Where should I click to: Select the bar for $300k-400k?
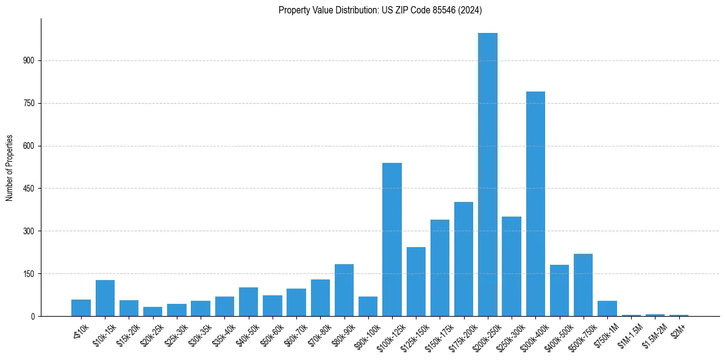(x=535, y=204)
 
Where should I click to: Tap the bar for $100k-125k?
(x=392, y=239)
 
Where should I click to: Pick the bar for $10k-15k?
(x=105, y=298)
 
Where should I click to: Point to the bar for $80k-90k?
(x=344, y=290)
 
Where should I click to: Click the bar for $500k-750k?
(x=583, y=285)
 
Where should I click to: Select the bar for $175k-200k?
(x=463, y=259)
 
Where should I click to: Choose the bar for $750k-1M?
(x=607, y=308)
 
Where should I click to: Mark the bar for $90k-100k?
(x=368, y=306)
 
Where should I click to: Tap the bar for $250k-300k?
(x=512, y=266)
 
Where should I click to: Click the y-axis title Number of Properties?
(x=9, y=167)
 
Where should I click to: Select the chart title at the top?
(x=380, y=10)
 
